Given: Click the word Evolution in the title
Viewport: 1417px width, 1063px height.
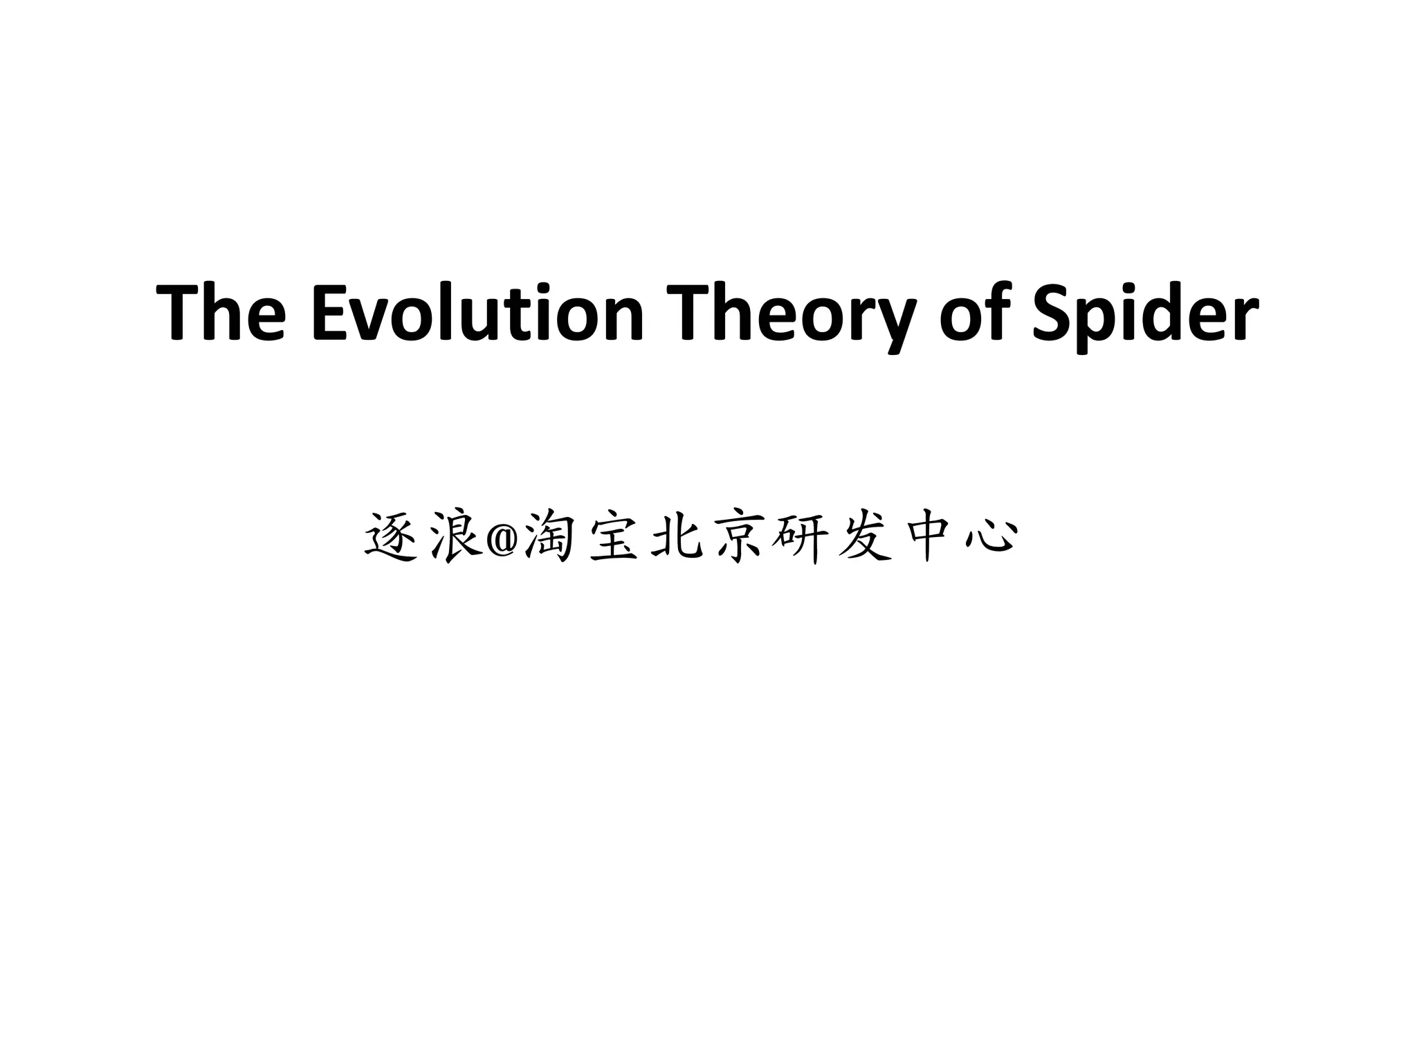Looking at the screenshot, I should point(477,312).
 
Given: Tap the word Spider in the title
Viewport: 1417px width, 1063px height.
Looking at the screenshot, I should point(1144,312).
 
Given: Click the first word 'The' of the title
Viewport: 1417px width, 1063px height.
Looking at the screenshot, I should point(221,312).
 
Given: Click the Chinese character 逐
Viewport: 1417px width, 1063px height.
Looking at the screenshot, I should point(390,537).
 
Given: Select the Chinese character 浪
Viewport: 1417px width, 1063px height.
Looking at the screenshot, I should point(455,537).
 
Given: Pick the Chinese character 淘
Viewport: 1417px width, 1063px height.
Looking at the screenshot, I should point(549,537).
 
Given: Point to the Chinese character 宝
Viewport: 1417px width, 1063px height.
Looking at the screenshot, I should point(614,537).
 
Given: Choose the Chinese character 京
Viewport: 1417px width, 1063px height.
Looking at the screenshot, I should point(740,537).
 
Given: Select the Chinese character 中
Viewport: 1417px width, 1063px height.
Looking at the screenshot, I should point(928,537).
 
